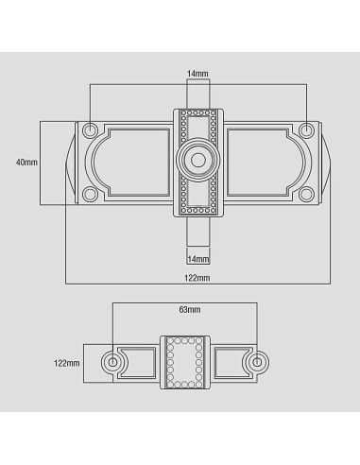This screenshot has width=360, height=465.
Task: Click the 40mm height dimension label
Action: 27,163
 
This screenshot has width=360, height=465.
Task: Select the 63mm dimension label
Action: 189,310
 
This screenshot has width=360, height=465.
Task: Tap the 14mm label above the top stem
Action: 197,73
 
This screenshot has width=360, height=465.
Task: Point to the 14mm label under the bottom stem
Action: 197,258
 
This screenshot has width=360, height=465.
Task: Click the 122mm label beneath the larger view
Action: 197,277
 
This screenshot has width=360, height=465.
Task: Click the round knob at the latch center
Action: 197,162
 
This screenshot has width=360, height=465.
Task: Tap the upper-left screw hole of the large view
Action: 90,129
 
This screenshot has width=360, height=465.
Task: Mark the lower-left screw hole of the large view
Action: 90,195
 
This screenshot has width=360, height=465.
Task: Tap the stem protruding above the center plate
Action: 197,95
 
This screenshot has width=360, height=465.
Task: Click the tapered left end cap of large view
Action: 70,163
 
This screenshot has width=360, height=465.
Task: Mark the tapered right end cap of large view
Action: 326,163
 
